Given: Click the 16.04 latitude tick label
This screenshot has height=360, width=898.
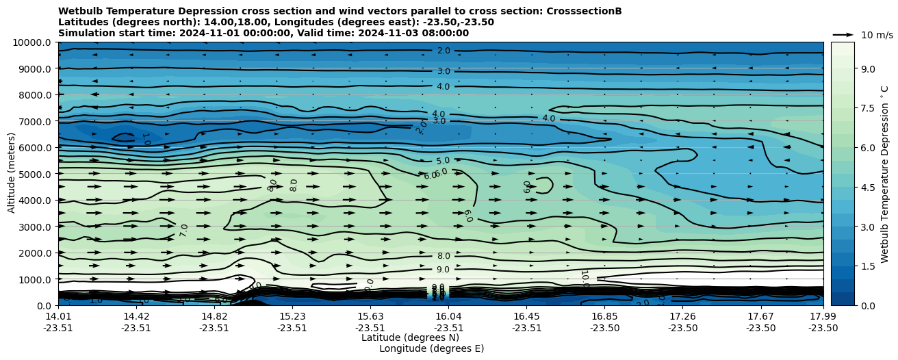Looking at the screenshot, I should tap(449, 316).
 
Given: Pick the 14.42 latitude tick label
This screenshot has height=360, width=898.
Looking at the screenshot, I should tap(136, 316).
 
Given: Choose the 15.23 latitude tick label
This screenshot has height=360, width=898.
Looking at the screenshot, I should tap(292, 316).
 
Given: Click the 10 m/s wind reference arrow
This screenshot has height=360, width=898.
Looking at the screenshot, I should tap(843, 34).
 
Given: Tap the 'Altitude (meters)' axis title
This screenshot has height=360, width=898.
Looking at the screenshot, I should tap(12, 174).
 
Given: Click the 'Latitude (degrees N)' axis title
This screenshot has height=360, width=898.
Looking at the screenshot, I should tap(410, 337).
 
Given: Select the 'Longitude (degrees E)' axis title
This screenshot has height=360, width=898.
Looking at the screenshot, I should tap(431, 348).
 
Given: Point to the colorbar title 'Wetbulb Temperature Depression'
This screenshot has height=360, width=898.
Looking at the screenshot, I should tap(884, 174).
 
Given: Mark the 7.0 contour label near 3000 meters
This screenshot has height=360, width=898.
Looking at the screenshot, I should tap(183, 231).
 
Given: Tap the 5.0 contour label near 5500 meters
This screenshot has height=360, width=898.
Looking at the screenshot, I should tap(443, 161).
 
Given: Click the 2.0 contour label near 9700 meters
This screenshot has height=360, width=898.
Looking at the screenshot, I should tap(444, 51).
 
